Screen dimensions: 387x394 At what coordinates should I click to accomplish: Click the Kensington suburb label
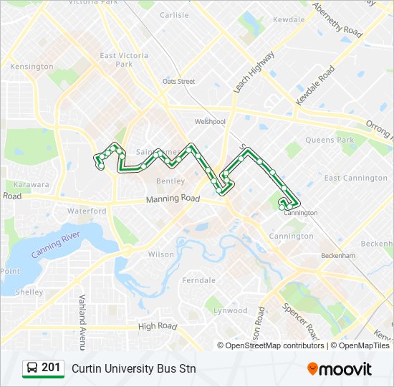(x=32, y=67)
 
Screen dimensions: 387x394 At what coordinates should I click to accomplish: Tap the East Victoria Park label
(x=124, y=59)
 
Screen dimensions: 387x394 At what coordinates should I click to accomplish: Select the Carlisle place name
(x=175, y=14)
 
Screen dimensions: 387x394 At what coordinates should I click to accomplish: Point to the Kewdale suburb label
(x=289, y=19)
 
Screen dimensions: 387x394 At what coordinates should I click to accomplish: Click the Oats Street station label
(x=178, y=82)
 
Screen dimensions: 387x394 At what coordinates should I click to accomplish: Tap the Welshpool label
(x=210, y=122)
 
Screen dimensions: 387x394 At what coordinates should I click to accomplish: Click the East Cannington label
(x=355, y=178)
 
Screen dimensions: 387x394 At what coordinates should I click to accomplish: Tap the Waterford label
(x=87, y=211)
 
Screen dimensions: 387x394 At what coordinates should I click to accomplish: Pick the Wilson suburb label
(x=161, y=254)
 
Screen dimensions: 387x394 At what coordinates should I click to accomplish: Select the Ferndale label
(x=198, y=280)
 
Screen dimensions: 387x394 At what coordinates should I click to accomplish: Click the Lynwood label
(x=230, y=311)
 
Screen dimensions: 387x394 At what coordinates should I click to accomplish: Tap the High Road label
(x=157, y=327)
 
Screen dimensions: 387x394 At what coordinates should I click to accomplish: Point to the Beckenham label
(x=339, y=256)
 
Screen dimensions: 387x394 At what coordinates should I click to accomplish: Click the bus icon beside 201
(x=32, y=368)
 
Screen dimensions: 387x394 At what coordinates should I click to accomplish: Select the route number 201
(x=51, y=368)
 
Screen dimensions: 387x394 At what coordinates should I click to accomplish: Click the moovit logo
(x=340, y=368)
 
